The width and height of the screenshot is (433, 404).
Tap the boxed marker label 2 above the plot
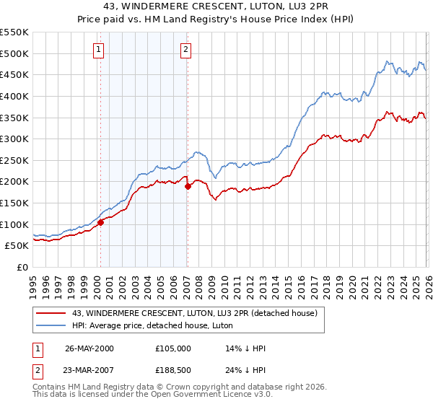point(185,50)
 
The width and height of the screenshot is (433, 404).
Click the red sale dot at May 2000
point(101,222)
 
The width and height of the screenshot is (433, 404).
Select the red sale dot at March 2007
point(188,186)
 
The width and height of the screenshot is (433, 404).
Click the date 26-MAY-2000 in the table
point(89,348)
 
